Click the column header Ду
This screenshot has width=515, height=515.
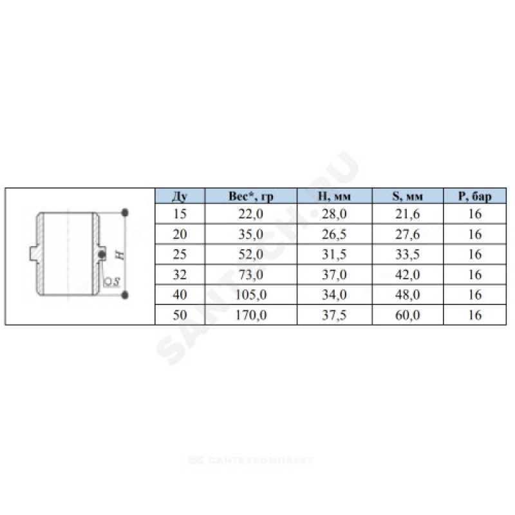180,196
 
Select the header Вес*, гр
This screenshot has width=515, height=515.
251,196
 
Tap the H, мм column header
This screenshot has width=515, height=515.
334,196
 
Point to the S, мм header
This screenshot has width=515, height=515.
407,196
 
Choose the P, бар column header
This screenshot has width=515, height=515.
475,196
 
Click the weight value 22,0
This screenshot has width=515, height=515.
251,214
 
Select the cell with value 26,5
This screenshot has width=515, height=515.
334,234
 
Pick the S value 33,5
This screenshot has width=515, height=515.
407,254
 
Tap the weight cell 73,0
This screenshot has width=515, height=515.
251,275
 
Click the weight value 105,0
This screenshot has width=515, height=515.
251,295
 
